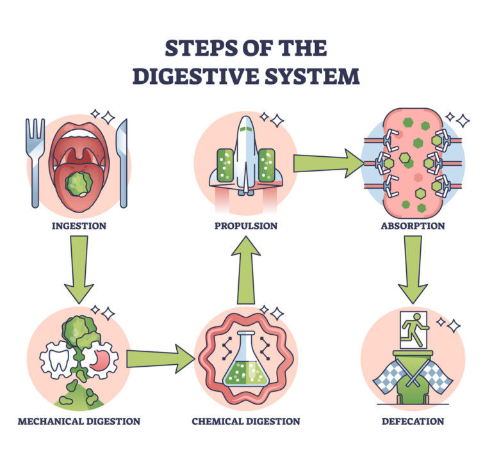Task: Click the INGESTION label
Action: [x=80, y=226]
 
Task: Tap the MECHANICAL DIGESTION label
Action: [x=79, y=421]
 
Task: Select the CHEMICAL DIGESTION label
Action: [x=246, y=421]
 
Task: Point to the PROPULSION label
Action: [x=246, y=226]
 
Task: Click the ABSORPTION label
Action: [x=413, y=226]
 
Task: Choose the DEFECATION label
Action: [x=413, y=421]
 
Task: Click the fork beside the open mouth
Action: [x=35, y=160]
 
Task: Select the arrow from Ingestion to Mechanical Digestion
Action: [x=79, y=269]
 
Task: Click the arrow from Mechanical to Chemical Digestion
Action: [x=160, y=360]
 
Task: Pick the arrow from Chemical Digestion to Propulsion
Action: [x=246, y=272]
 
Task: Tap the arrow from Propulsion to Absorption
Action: [x=327, y=164]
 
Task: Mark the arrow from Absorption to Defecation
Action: [x=413, y=269]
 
